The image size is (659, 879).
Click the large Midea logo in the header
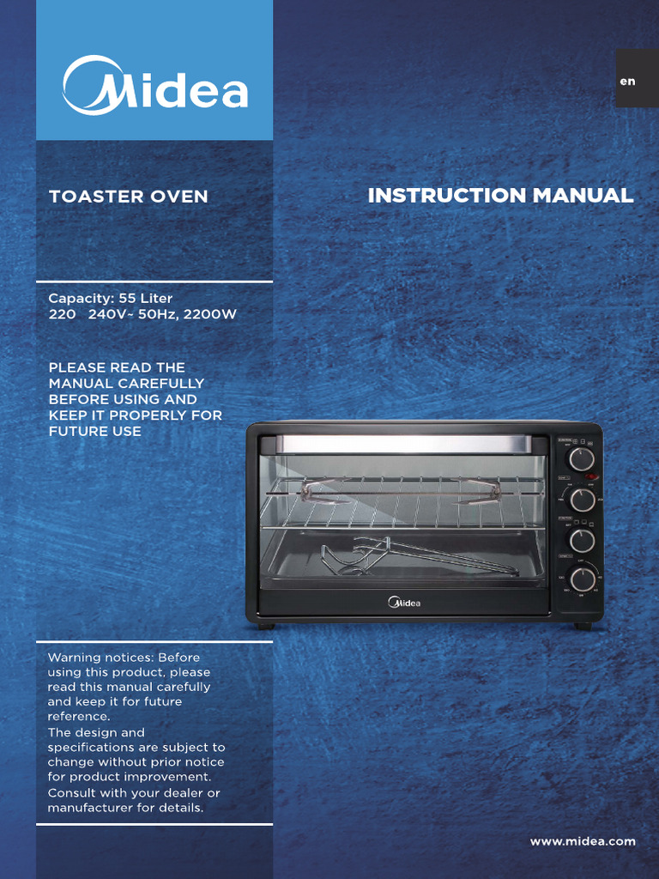154,85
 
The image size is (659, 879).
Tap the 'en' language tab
628,82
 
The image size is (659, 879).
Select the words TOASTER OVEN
129,197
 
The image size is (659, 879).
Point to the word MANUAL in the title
583,196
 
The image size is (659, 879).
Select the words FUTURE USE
95,431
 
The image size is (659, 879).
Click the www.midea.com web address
583,841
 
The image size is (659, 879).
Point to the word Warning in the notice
74,658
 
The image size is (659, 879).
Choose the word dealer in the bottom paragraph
186,792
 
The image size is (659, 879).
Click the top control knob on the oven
582,459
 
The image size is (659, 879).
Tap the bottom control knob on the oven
583,579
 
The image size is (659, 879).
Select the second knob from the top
583,500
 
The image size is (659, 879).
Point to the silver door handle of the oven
402,444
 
